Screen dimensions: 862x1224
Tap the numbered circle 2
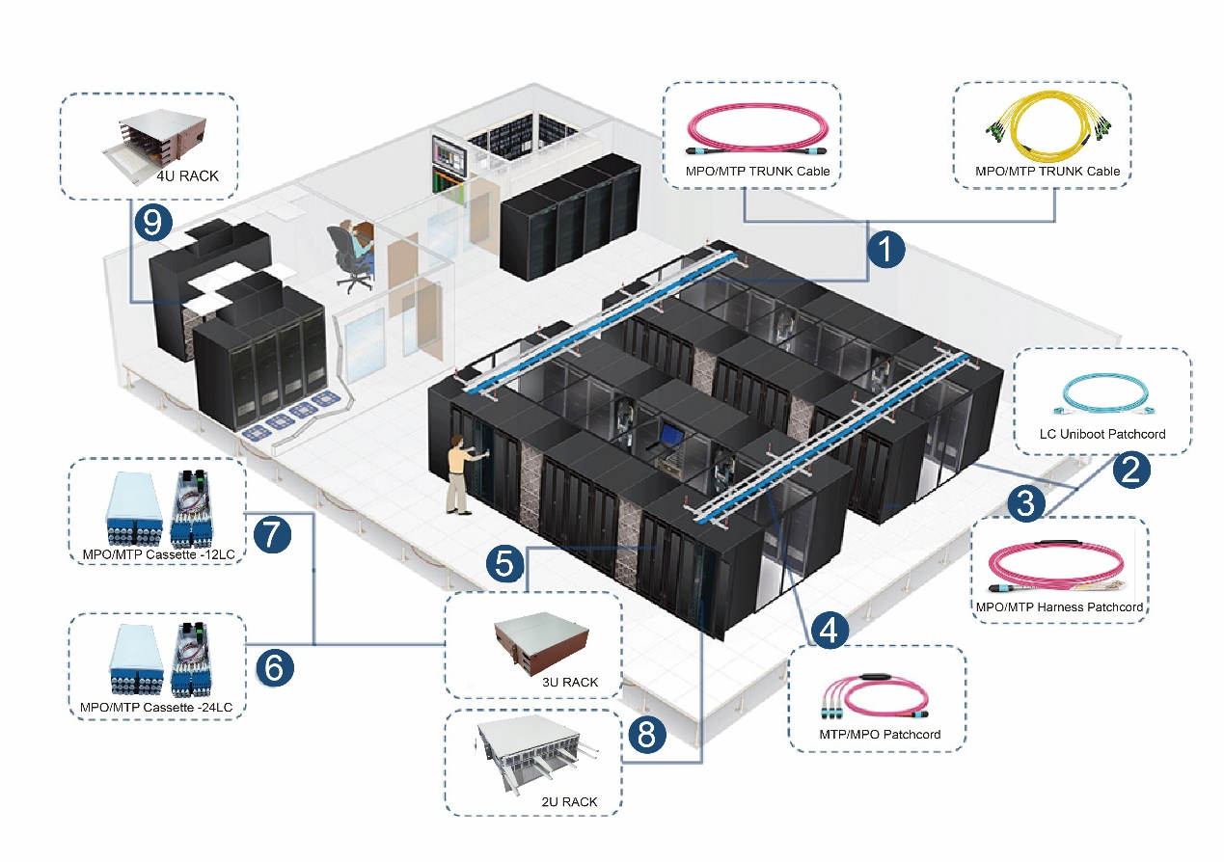(1130, 469)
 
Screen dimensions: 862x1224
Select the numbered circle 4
(830, 631)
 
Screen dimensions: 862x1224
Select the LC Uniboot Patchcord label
(1102, 434)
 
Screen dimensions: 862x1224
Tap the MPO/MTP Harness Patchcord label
(1059, 607)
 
